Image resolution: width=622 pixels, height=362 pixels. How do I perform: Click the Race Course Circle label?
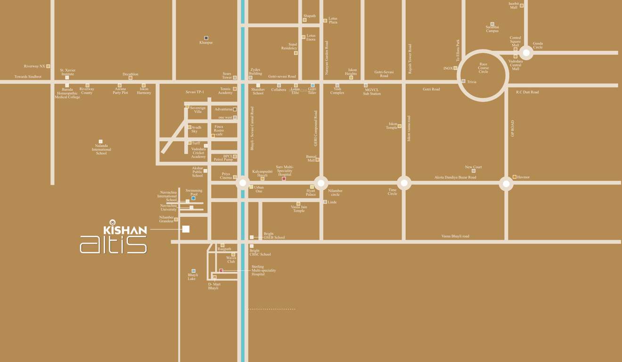pyautogui.click(x=483, y=68)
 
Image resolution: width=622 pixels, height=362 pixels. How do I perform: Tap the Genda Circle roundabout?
pyautogui.click(x=526, y=53)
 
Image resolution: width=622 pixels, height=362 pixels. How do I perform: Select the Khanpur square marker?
pyautogui.click(x=206, y=38)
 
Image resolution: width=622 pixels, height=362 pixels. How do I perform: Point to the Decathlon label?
pyautogui.click(x=131, y=74)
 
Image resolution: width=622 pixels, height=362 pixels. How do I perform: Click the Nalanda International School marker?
pyautogui.click(x=100, y=141)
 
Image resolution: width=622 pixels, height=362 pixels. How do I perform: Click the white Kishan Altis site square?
pyautogui.click(x=186, y=229)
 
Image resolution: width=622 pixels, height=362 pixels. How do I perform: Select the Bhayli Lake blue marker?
pyautogui.click(x=193, y=271)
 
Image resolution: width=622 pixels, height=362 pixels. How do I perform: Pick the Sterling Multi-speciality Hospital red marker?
pyautogui.click(x=221, y=271)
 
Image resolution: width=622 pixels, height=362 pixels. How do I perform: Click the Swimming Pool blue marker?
pyautogui.click(x=193, y=198)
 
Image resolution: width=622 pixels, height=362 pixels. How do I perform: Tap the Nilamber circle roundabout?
pyautogui.click(x=321, y=183)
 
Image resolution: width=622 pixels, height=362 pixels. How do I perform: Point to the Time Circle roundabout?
pyautogui.click(x=404, y=183)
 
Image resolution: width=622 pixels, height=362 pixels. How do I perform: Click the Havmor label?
pyautogui.click(x=523, y=177)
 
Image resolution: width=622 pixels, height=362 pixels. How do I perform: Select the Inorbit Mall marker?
pyautogui.click(x=522, y=6)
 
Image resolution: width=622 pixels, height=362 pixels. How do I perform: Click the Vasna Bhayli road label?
pyautogui.click(x=455, y=236)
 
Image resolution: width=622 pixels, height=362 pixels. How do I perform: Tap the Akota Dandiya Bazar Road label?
pyautogui.click(x=455, y=178)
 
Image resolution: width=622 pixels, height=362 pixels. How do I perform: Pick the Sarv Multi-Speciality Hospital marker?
pyautogui.click(x=284, y=179)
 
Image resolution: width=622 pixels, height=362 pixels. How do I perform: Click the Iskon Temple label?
pyautogui.click(x=392, y=126)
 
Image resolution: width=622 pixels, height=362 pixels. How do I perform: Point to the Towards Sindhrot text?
pyautogui.click(x=28, y=77)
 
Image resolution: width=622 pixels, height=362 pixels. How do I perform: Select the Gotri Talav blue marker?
pyautogui.click(x=312, y=85)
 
